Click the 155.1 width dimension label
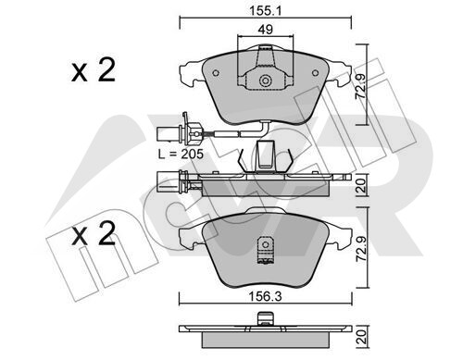point(266,11)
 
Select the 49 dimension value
point(266,30)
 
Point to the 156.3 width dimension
point(266,297)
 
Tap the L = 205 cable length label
point(181,154)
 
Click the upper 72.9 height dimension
point(360,86)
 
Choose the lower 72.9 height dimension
point(361,250)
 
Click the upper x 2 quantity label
point(94,70)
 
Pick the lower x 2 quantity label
point(94,234)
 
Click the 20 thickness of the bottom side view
point(361,338)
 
